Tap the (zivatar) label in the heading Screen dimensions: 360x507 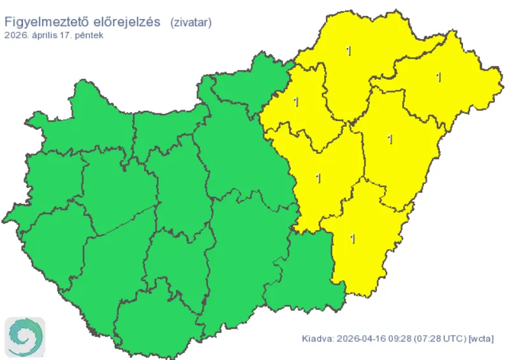pos(191,22)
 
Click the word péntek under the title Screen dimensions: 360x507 pos(89,35)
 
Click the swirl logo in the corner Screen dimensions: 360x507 pos(26,336)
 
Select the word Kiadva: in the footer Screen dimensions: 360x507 pos(317,339)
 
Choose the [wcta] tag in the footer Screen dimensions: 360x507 pos(481,339)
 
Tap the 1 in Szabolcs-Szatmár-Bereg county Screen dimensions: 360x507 pos(438,77)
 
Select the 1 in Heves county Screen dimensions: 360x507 pos(296,101)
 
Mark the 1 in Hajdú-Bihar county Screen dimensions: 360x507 pos(390,139)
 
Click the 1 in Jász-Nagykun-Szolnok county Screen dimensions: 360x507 pos(318,178)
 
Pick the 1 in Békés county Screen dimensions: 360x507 pos(353,239)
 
